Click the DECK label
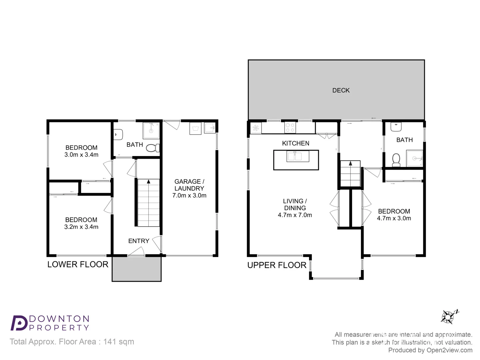click(341, 90)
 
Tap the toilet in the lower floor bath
click(153, 148)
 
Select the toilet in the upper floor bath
click(396, 160)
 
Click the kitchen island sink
click(294, 156)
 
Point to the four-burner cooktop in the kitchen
click(290, 128)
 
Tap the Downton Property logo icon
click(19, 323)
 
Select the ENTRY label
click(139, 241)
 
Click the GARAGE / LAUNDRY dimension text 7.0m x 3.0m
click(189, 195)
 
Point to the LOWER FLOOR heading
click(78, 264)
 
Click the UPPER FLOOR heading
click(277, 265)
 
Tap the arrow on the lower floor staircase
click(148, 182)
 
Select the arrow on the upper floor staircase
click(350, 163)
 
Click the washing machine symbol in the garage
click(195, 128)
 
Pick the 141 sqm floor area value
click(119, 342)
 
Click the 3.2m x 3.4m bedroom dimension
click(81, 227)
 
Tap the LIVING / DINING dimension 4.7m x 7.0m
click(295, 215)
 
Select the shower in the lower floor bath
click(151, 130)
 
